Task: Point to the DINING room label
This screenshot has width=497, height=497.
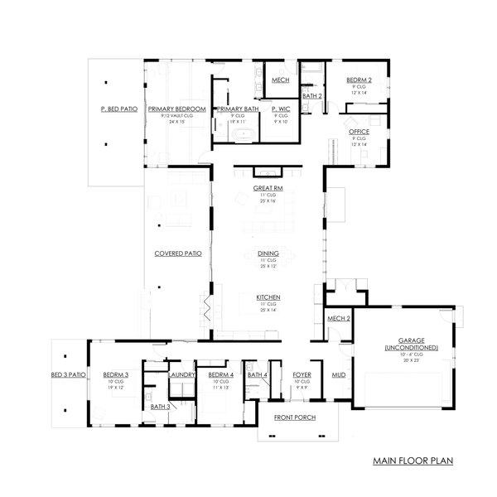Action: coord(268,253)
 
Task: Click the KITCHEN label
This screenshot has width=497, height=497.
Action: coord(268,297)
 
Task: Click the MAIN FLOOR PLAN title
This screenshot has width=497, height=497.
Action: coord(411,460)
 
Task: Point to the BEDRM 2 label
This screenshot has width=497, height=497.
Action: coord(359,80)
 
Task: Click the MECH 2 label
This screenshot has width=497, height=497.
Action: coord(339,318)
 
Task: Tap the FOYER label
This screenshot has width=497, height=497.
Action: coord(302,374)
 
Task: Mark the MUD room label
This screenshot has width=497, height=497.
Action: coord(339,374)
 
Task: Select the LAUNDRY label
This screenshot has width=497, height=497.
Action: coord(181,374)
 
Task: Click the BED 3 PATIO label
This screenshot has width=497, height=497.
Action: coord(68,374)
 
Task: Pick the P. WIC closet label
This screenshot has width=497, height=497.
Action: coord(279,109)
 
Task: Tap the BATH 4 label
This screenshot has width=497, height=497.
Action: coord(257,374)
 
